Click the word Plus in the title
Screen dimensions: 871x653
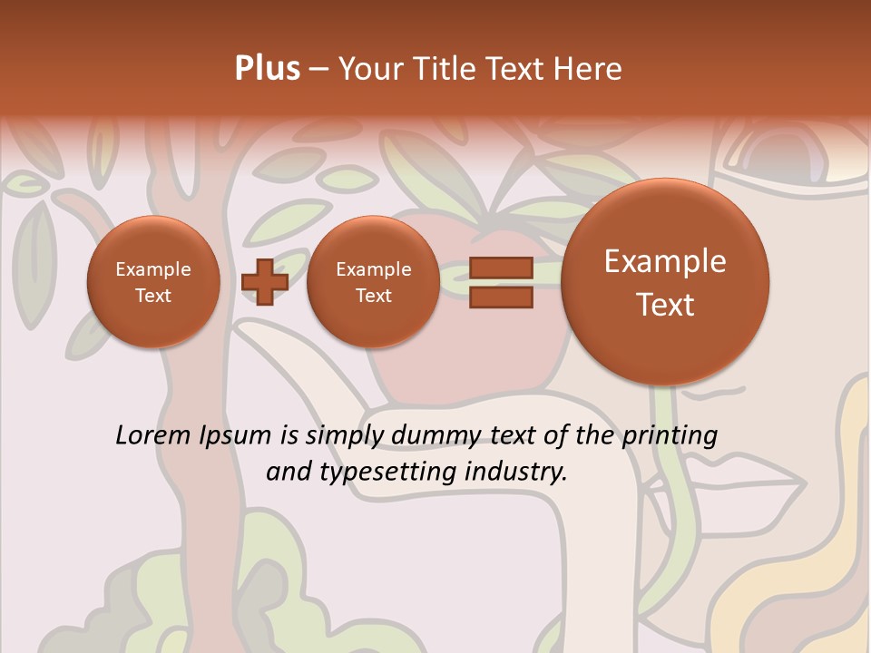(x=267, y=69)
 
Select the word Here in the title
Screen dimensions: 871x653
(x=589, y=69)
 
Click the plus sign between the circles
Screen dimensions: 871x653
(x=265, y=282)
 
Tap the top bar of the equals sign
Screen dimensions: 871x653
(x=501, y=268)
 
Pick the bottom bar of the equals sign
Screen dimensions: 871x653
(x=501, y=297)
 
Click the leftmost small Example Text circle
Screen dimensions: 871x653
(x=153, y=282)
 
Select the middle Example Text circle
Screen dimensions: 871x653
(x=373, y=282)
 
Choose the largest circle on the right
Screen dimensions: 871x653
(x=665, y=282)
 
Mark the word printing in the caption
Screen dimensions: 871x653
(x=669, y=436)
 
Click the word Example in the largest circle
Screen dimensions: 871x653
(x=665, y=261)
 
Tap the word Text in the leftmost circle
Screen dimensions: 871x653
(x=153, y=296)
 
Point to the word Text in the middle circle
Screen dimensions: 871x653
(x=373, y=296)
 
